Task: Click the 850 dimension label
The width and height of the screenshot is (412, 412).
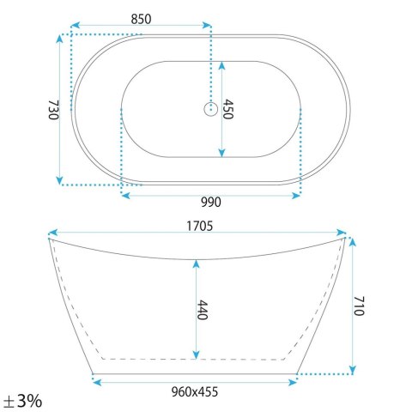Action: (141, 19)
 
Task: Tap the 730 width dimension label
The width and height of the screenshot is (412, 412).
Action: (53, 110)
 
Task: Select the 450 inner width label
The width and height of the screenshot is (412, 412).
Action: (228, 109)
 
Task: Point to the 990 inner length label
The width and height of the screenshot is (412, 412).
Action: (211, 203)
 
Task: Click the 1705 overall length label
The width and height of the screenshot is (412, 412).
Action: (200, 226)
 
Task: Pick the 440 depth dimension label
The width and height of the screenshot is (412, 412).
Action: (203, 310)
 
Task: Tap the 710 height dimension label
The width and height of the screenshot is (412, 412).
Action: (359, 306)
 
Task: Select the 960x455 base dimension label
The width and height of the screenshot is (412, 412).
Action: (195, 391)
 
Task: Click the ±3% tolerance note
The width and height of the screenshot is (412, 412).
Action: (22, 401)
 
